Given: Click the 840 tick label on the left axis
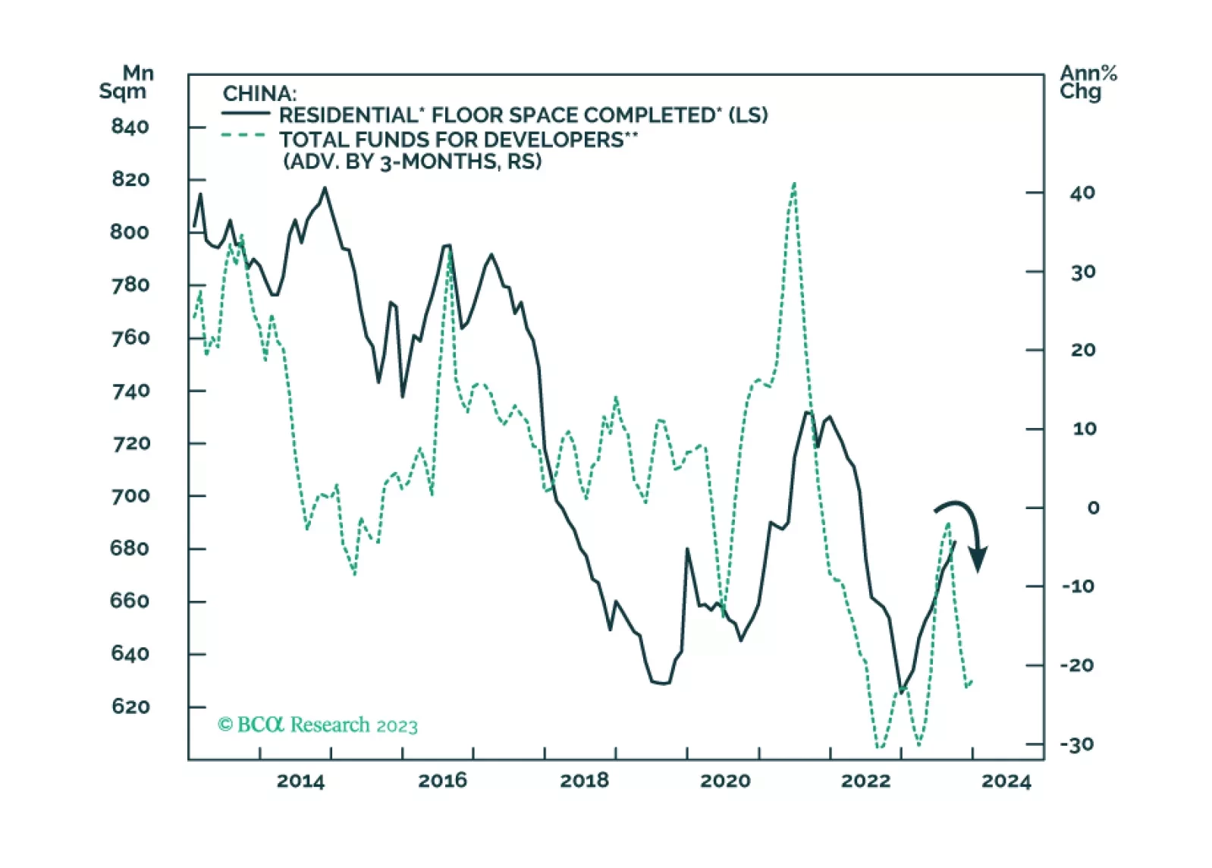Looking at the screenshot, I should [x=130, y=127].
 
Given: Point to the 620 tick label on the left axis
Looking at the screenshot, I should [x=130, y=707].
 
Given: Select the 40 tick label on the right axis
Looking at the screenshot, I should [x=1082, y=193].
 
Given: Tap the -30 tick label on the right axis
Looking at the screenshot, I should [x=1077, y=744].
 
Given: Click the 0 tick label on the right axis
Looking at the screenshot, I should [x=1093, y=508].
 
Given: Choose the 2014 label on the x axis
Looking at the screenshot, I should [x=300, y=781].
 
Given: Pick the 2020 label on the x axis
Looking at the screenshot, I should [x=725, y=781].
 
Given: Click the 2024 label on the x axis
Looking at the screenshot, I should [x=1006, y=781].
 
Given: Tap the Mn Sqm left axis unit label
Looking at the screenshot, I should [x=127, y=83].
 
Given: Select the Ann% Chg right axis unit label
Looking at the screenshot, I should [x=1088, y=83].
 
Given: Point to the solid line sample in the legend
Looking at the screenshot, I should [x=246, y=114].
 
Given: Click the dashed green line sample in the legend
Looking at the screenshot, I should [x=244, y=136].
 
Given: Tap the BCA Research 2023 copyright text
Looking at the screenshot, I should [x=318, y=725].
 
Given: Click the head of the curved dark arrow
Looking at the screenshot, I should [x=978, y=561].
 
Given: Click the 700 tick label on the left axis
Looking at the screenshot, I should [x=130, y=496].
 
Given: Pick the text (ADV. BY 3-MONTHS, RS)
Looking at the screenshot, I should [x=413, y=162].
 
